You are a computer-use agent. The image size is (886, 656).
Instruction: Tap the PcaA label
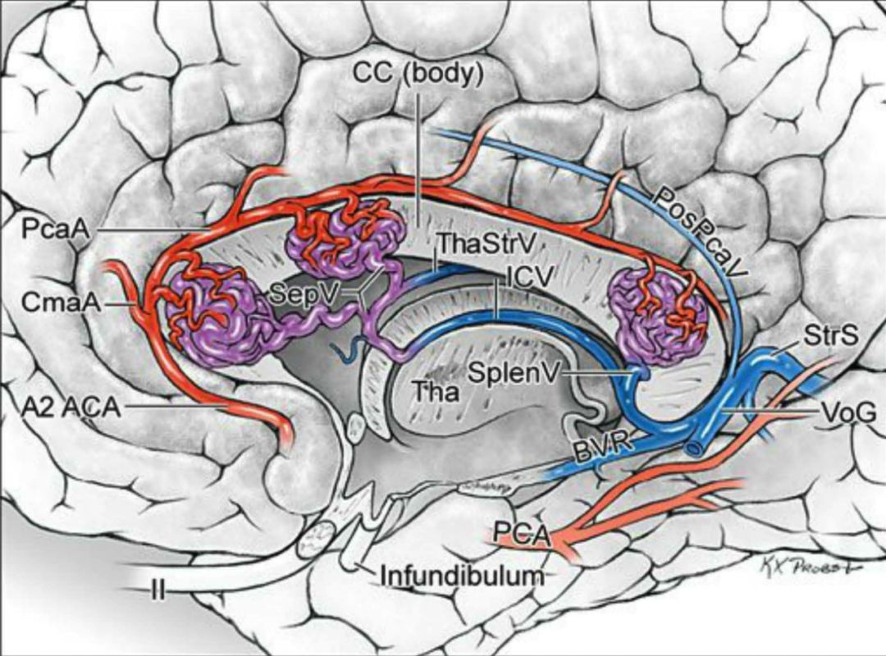click(44, 229)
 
